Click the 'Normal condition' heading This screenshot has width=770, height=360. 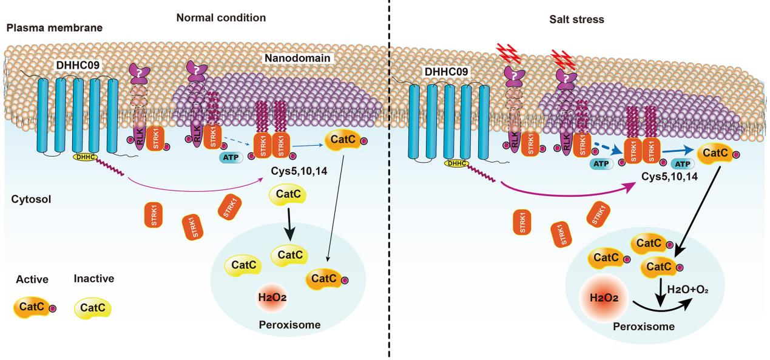coord(221,18)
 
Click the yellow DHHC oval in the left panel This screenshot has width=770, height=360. coord(86,157)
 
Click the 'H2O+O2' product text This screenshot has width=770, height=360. coord(687,290)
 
